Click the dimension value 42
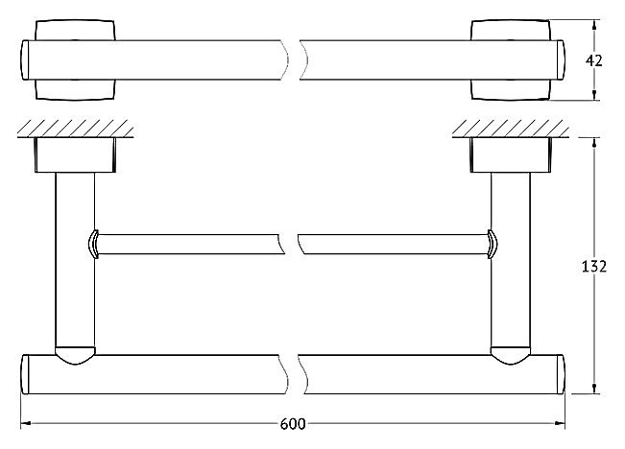[594, 61]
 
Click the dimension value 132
[594, 266]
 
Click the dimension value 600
[293, 424]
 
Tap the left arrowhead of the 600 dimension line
[26, 423]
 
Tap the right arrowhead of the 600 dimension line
[560, 423]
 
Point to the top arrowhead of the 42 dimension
[594, 25]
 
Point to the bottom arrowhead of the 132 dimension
[594, 389]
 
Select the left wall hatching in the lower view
[75, 129]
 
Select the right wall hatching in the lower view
[510, 129]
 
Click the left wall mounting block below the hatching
[75, 155]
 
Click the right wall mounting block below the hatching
[511, 155]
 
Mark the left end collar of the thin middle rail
[93, 245]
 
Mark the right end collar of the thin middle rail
[492, 245]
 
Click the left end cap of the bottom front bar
[25, 374]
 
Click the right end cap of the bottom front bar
[561, 374]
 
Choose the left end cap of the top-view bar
[25, 60]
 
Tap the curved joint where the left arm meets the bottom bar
[75, 356]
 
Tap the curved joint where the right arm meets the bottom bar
[511, 356]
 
